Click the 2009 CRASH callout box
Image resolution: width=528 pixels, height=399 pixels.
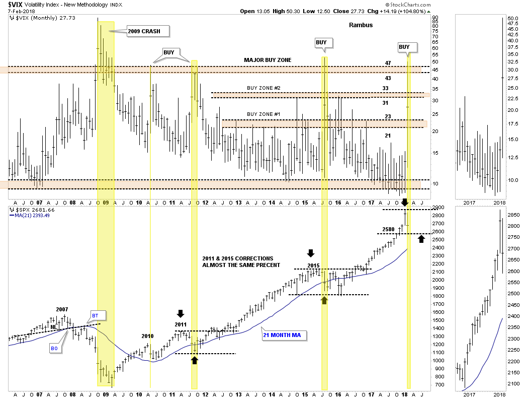(x=148, y=31)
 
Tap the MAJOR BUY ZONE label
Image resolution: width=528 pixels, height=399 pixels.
(x=268, y=60)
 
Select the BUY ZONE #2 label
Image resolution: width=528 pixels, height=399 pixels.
(x=263, y=88)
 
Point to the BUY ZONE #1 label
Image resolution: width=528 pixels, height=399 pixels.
(x=263, y=114)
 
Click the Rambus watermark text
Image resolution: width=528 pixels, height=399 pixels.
(x=361, y=25)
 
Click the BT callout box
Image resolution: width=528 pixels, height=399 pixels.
(x=95, y=316)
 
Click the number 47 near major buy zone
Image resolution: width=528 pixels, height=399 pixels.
(x=388, y=63)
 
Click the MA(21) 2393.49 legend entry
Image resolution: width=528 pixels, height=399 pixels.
(x=32, y=216)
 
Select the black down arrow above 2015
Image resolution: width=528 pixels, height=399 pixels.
(x=311, y=252)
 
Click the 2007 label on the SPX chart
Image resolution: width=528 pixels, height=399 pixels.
(x=62, y=309)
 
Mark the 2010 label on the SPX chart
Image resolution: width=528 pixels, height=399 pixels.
(x=147, y=336)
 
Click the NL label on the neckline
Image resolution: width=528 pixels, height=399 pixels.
(x=53, y=327)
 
